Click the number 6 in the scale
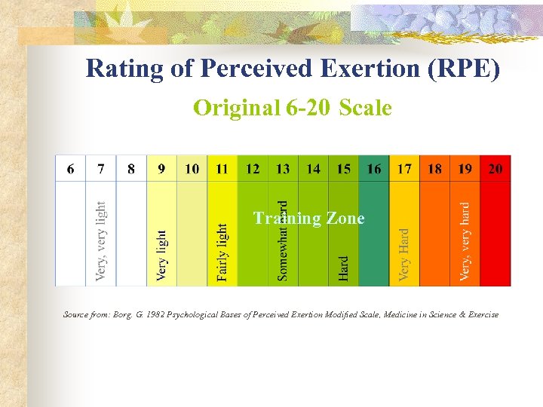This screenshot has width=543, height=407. click(x=70, y=169)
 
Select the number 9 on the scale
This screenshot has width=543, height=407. click(x=161, y=169)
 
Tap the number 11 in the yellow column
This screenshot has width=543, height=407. click(x=222, y=169)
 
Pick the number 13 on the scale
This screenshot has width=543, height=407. click(x=283, y=169)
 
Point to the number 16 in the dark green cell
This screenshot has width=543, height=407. click(x=374, y=169)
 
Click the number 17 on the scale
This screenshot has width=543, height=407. click(x=405, y=169)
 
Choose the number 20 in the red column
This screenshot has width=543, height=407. click(x=495, y=169)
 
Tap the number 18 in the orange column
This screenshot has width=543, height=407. click(x=435, y=169)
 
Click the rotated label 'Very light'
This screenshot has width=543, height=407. click(x=162, y=256)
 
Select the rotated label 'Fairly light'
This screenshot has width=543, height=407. click(x=222, y=252)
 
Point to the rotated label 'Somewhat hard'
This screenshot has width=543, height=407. click(x=283, y=240)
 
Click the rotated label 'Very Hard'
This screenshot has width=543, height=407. click(x=405, y=256)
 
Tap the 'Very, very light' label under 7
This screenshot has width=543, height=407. click(x=101, y=241)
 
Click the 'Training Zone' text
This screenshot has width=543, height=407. click(x=308, y=219)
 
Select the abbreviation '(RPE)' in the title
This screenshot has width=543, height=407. click(x=463, y=69)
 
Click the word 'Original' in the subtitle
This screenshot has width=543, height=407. click(x=237, y=109)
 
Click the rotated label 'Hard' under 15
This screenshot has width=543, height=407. click(x=344, y=268)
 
